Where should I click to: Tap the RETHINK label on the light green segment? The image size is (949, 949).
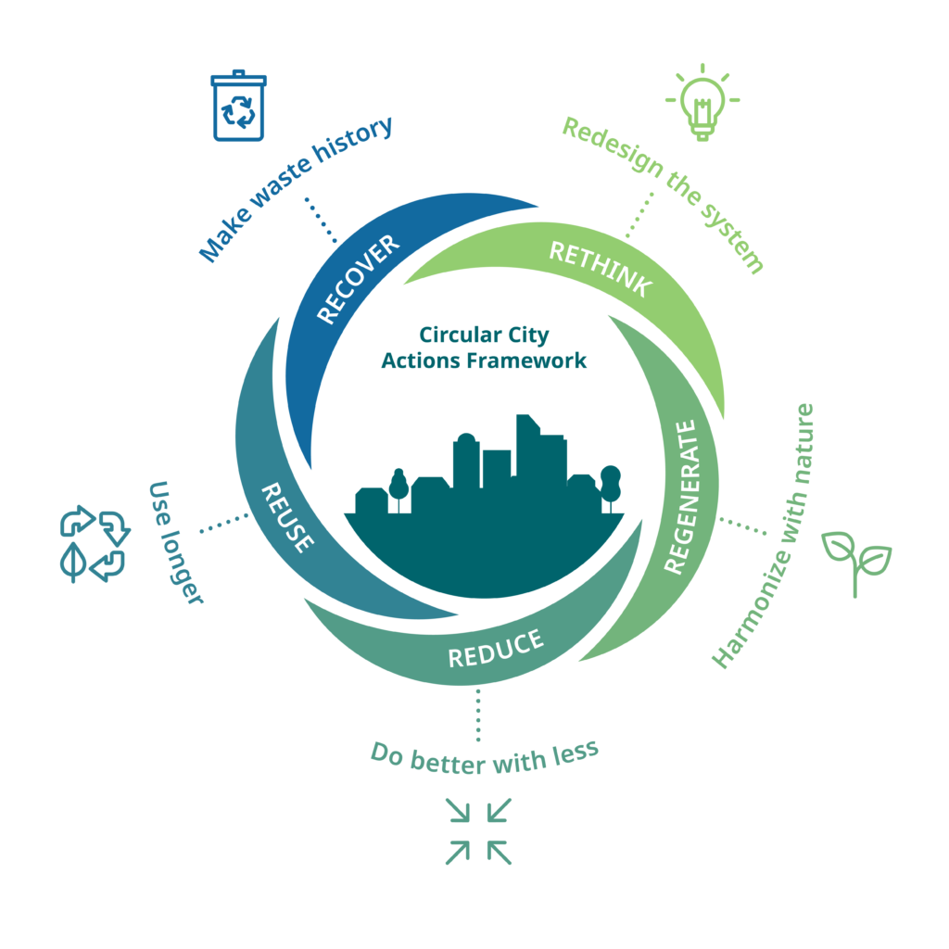[x=600, y=270]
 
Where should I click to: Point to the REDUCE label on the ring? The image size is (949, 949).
[x=495, y=649]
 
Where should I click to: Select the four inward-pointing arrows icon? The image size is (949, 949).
[x=478, y=830]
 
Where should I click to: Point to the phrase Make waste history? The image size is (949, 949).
[x=296, y=187]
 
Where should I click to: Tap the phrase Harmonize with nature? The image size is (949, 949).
[x=763, y=536]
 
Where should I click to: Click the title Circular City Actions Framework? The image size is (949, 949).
[x=484, y=348]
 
